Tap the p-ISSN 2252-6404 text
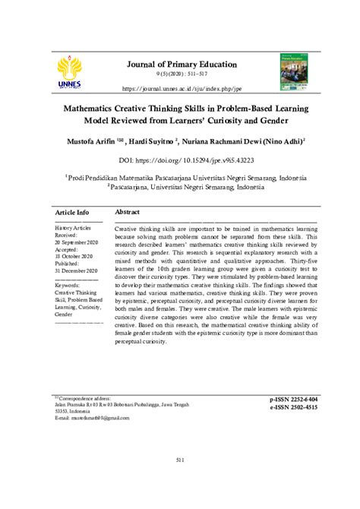pos(293,399)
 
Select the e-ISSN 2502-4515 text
pos(293,407)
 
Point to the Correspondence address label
pos(84,397)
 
